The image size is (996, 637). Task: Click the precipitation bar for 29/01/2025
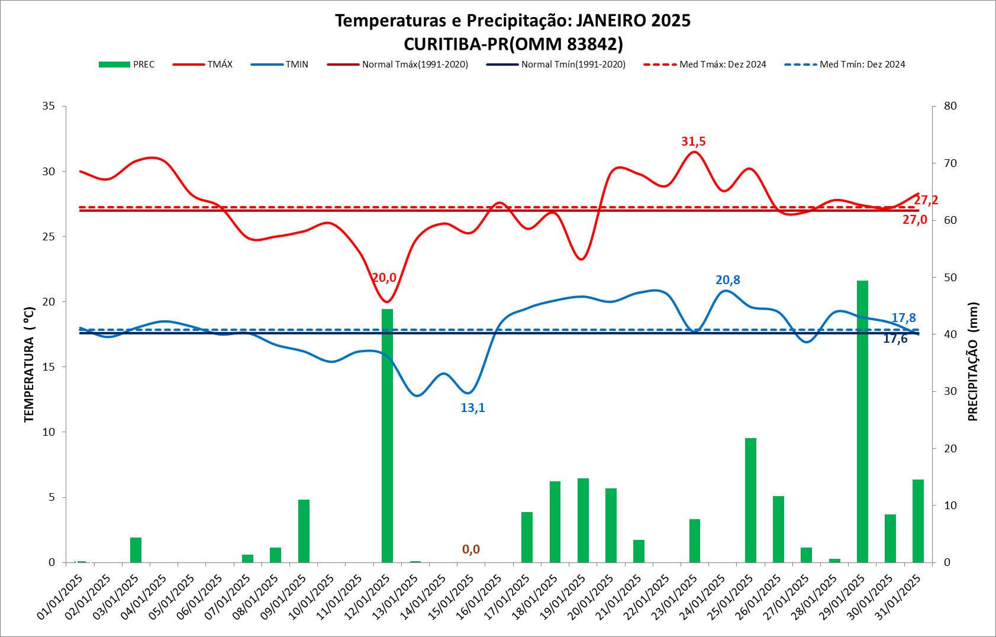click(862, 422)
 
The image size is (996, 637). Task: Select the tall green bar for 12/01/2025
click(387, 436)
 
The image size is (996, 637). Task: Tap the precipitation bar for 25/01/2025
click(750, 500)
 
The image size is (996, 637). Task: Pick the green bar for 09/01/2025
click(304, 531)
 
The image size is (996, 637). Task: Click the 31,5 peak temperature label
click(693, 141)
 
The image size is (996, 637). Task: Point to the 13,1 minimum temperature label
click(472, 408)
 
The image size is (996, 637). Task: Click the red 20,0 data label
click(384, 278)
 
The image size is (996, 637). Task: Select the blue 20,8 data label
click(727, 280)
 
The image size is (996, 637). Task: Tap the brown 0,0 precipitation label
click(470, 549)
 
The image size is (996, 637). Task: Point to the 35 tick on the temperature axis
click(49, 106)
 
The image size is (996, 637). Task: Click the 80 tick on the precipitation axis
click(950, 106)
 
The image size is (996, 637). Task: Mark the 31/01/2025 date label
click(897, 598)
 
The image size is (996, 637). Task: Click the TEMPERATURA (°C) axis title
click(29, 365)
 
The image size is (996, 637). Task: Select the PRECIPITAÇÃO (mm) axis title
click(973, 361)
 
